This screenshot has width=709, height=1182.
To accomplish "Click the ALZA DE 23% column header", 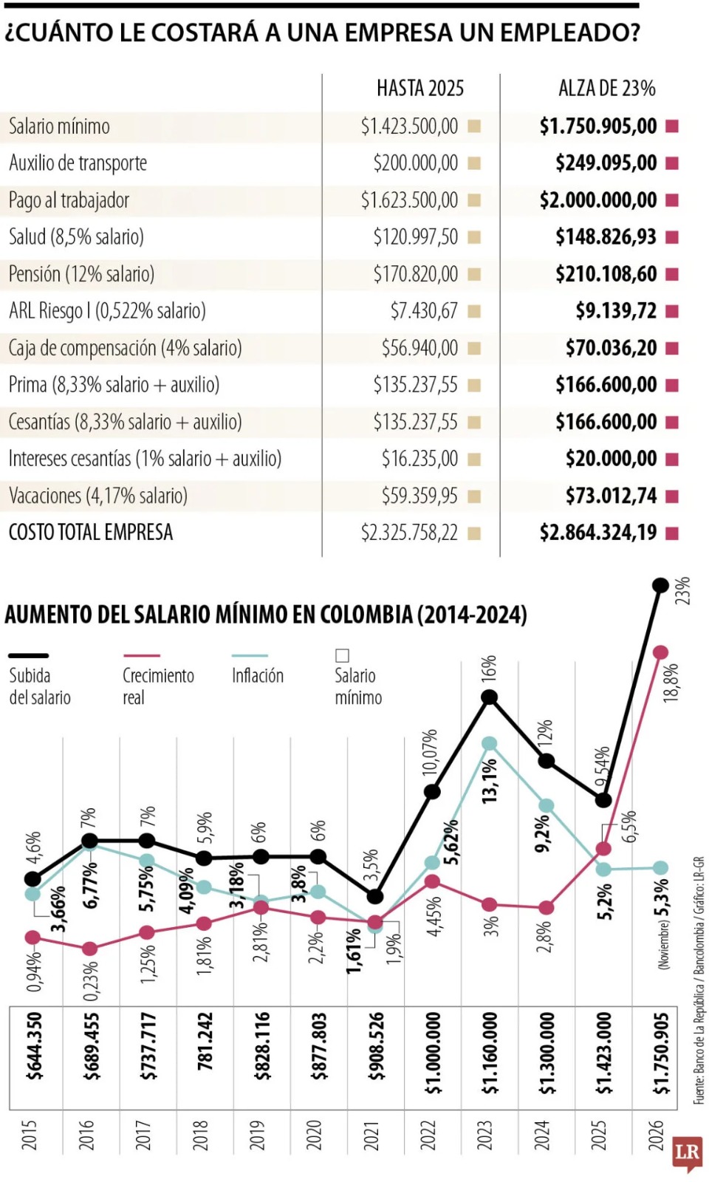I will (x=606, y=89).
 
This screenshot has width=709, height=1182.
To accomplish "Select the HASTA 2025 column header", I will (x=419, y=89).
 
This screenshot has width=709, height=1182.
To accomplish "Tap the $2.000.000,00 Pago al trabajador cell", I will (x=597, y=200).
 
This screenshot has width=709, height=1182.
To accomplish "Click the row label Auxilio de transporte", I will (x=78, y=163).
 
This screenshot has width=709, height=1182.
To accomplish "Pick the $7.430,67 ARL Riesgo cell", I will (x=424, y=311).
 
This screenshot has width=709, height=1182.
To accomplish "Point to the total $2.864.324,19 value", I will (x=597, y=533).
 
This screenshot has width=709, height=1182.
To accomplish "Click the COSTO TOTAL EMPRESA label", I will (x=90, y=533).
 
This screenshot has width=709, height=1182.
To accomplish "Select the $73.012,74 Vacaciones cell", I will (x=611, y=496).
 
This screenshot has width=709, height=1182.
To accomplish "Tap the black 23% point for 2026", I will (x=660, y=586).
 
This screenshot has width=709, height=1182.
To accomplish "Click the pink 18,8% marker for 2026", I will (x=660, y=652).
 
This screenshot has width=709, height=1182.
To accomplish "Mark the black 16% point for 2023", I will (x=489, y=697).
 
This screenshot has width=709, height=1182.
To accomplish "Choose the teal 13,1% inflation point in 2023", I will (x=489, y=743).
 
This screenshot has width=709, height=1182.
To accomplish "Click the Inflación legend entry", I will (x=257, y=675).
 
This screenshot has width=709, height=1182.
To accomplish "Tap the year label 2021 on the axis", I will (x=372, y=1135).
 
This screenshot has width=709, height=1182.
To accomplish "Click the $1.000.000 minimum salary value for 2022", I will (x=433, y=1053).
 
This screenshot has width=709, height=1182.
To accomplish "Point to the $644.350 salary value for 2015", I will (x=34, y=1046).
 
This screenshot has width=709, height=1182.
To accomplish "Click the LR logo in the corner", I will (x=686, y=1152).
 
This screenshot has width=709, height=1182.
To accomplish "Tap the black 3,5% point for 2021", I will (x=374, y=896).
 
